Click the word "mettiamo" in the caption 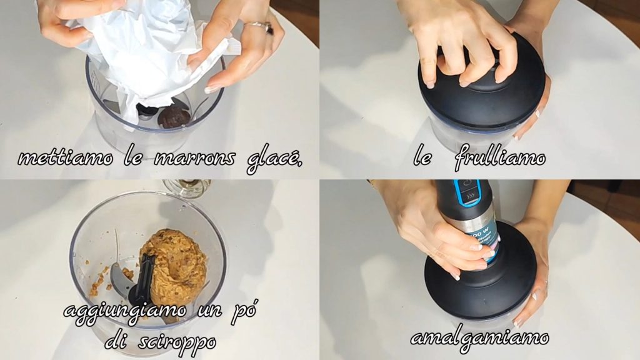(x=65, y=158)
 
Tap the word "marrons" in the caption (x=194, y=158)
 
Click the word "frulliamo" (x=500, y=157)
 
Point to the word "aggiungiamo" (x=125, y=311)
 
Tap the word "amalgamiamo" (x=479, y=339)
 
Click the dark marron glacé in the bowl (x=174, y=117)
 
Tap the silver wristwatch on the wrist (x=259, y=26)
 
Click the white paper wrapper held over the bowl (x=147, y=53)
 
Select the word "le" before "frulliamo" (x=422, y=157)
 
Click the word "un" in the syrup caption (x=210, y=311)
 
